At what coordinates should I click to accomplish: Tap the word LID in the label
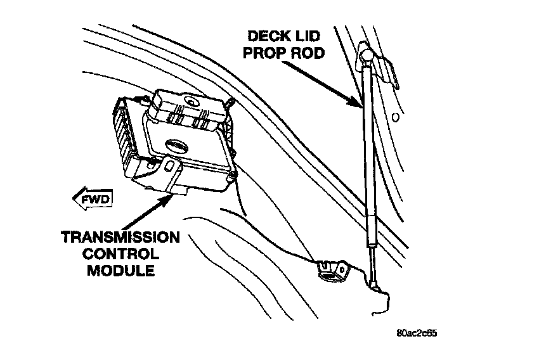(x=310, y=37)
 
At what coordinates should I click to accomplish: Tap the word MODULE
(x=120, y=271)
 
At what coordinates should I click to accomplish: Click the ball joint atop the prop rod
(x=367, y=57)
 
